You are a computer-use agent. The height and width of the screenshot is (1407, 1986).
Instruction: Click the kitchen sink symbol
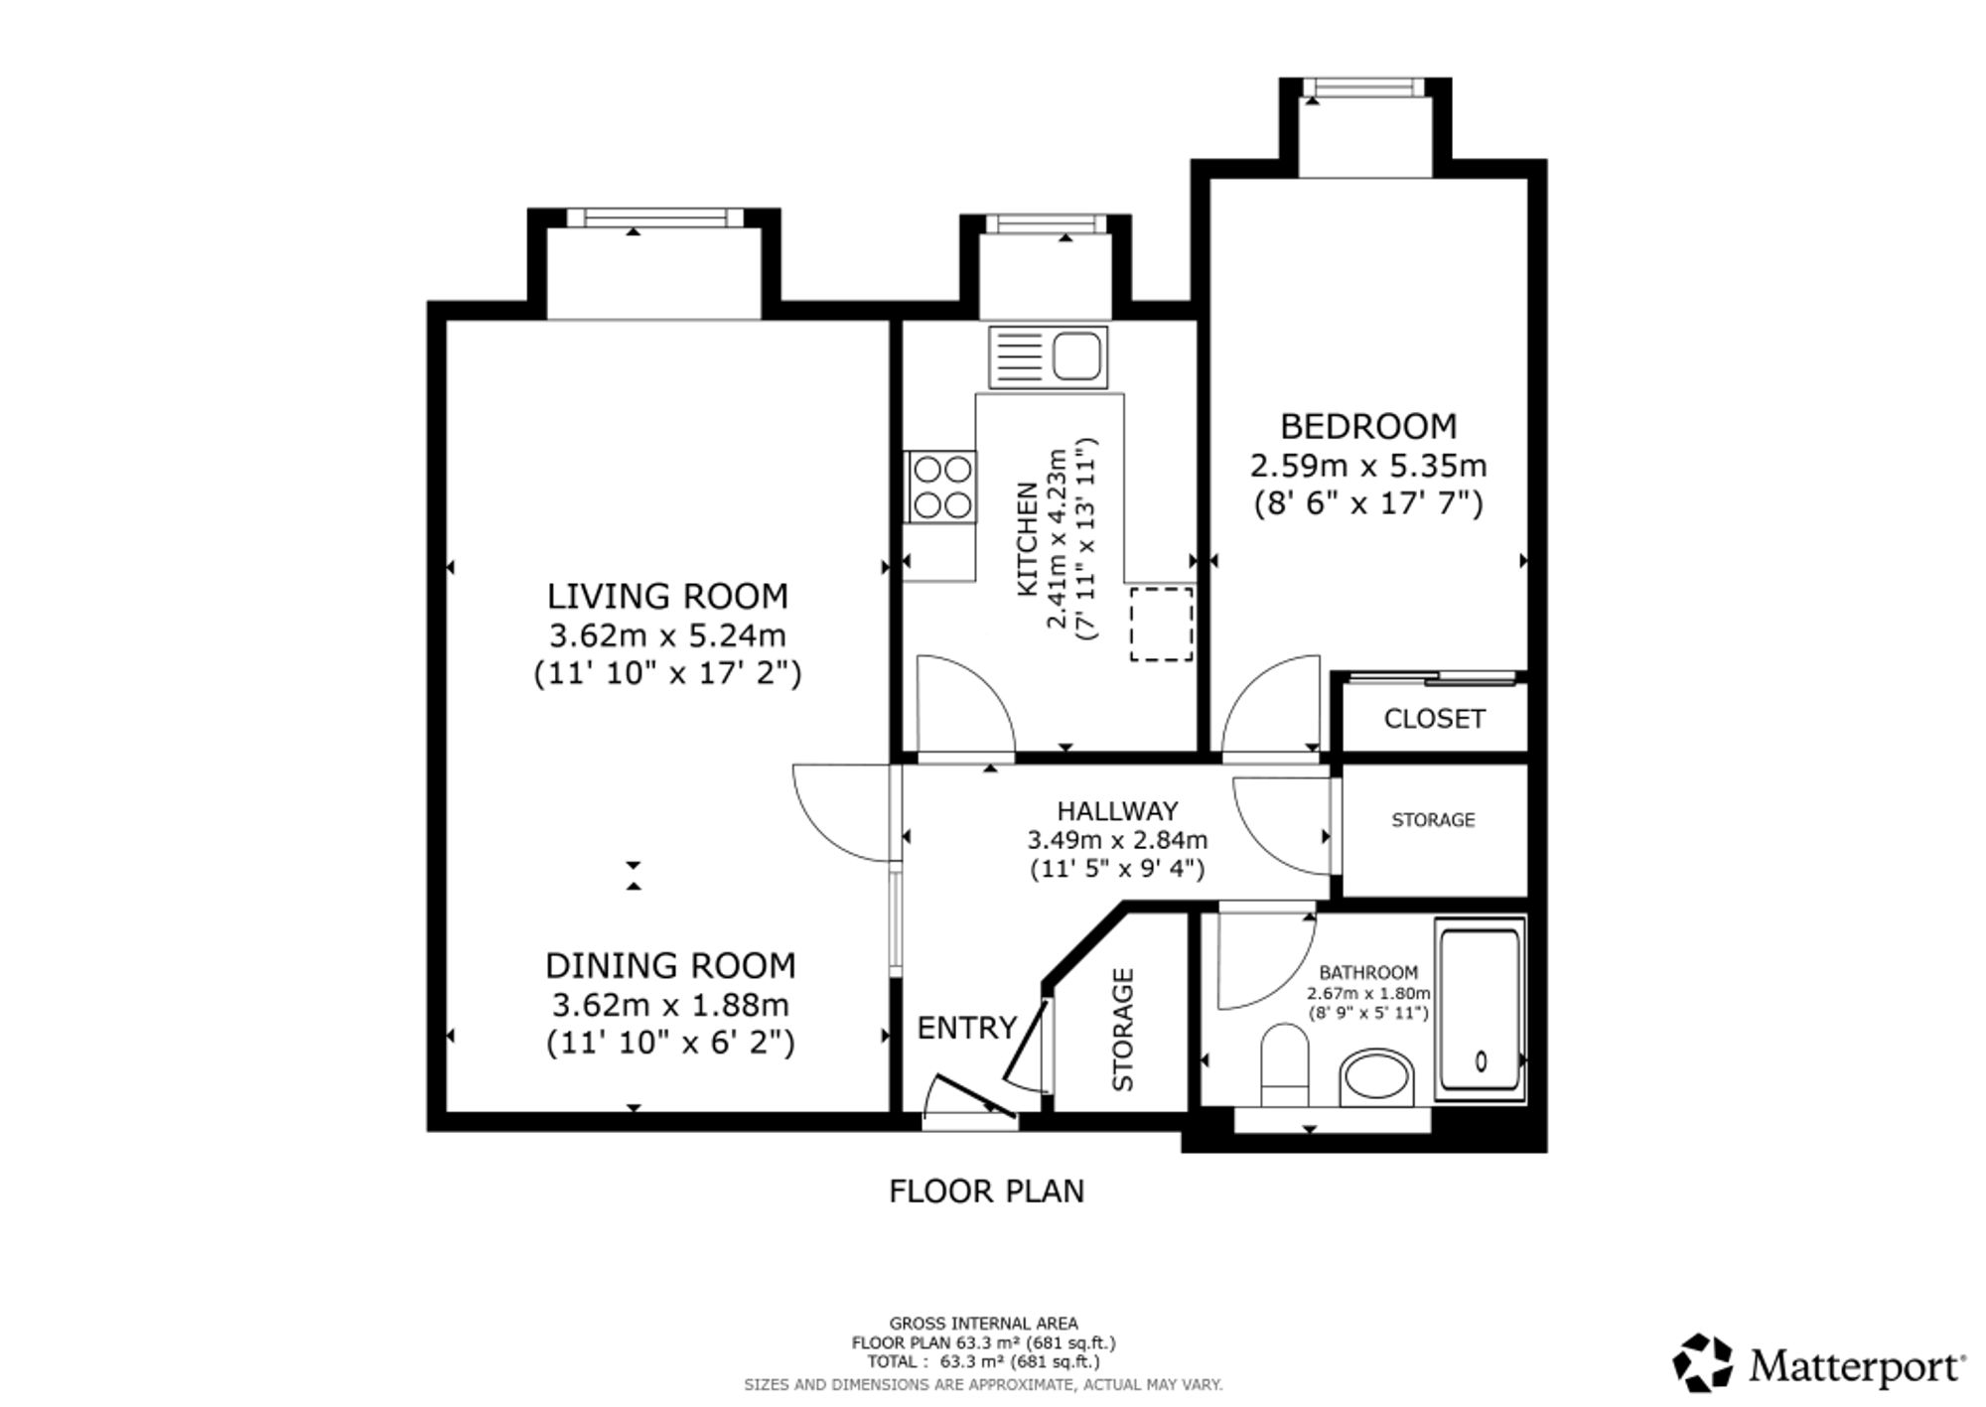click(1048, 356)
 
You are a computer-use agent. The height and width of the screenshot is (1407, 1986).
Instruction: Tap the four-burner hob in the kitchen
click(941, 487)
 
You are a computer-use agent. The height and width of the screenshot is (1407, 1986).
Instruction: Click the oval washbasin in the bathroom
click(1376, 1078)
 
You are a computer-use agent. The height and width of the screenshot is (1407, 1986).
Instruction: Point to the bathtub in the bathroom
click(1480, 1009)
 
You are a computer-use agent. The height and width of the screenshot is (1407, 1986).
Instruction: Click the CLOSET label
click(1434, 718)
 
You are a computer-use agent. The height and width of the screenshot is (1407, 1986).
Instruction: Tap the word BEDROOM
click(1367, 426)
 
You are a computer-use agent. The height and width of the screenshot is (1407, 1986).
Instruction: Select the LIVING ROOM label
click(667, 596)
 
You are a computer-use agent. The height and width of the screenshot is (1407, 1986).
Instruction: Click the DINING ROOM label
click(670, 965)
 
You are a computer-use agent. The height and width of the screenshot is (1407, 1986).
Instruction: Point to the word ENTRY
click(967, 1028)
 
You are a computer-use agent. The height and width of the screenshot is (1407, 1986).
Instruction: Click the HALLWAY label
click(1117, 810)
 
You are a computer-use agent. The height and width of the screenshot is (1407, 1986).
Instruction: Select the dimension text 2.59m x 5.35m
click(1367, 465)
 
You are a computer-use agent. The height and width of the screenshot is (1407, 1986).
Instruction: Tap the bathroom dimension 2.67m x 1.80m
click(1368, 993)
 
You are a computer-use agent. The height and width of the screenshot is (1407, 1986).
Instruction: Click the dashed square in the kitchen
click(1161, 624)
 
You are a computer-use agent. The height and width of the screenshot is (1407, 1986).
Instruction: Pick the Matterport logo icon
click(1703, 1362)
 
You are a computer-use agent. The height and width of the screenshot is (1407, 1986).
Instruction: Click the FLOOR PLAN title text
click(986, 1191)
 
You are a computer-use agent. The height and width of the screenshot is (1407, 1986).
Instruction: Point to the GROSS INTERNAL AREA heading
click(983, 1323)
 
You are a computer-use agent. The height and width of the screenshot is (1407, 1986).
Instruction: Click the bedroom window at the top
click(1365, 88)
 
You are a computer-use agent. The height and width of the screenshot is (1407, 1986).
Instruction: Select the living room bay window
click(654, 218)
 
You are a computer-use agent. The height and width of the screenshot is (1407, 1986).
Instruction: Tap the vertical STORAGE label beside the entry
click(1122, 1030)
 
